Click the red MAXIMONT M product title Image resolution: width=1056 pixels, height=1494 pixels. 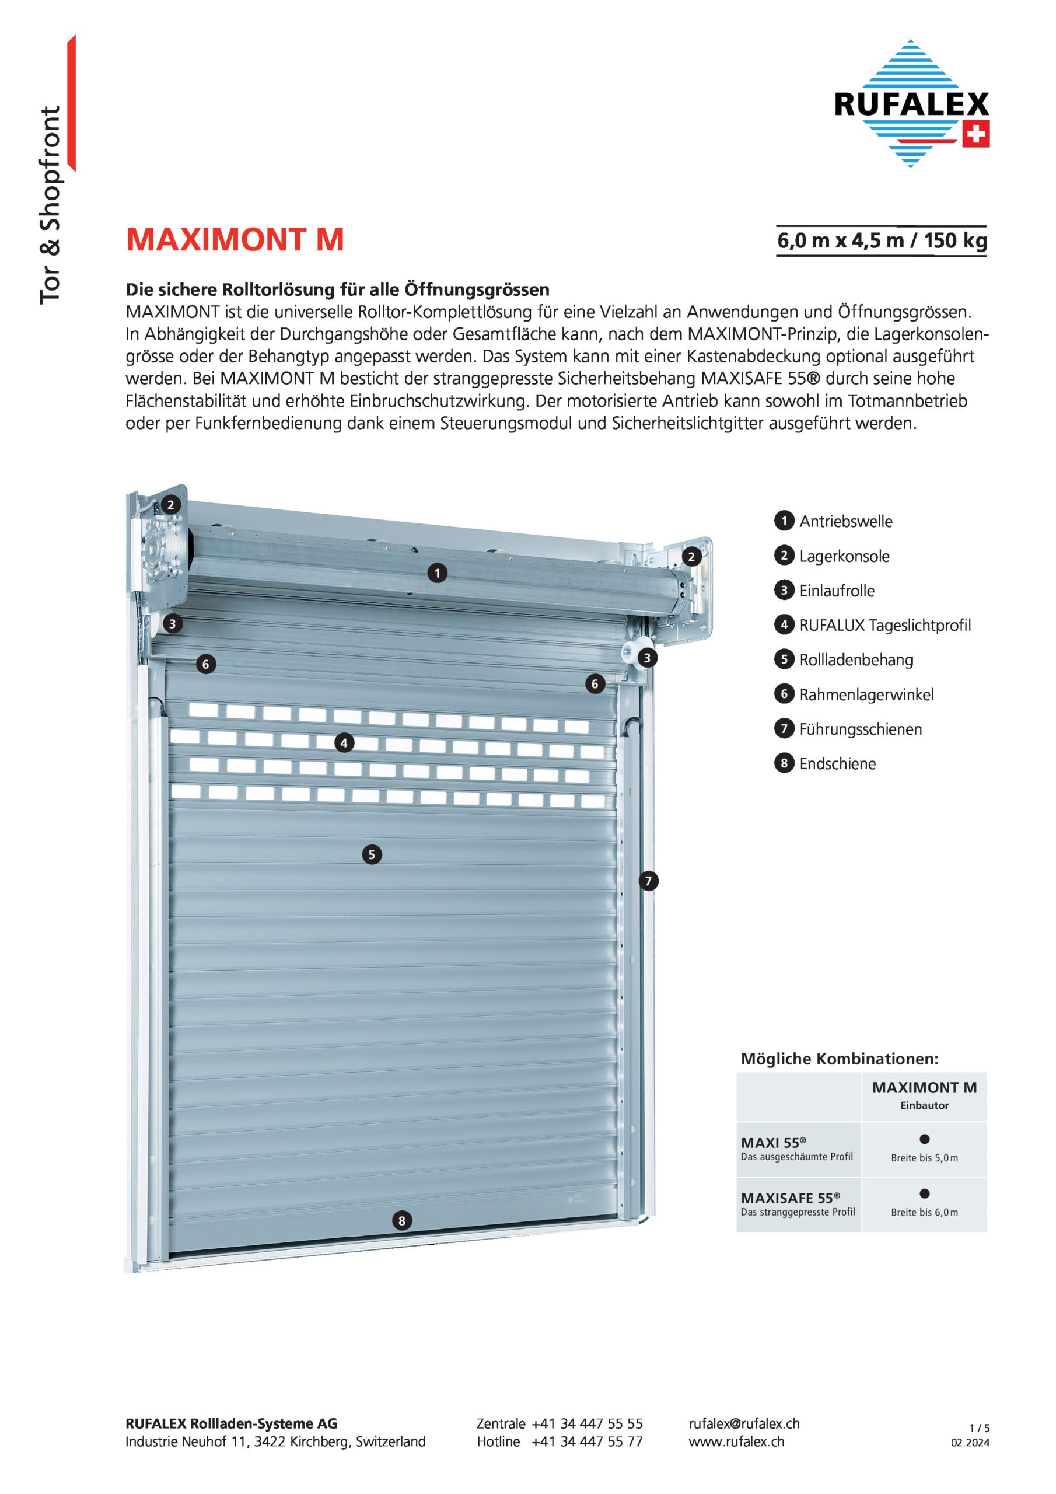(235, 240)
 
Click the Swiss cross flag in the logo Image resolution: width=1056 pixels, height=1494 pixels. (976, 134)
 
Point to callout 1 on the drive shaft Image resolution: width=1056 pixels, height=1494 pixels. (437, 573)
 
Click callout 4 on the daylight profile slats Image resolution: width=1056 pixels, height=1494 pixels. (344, 742)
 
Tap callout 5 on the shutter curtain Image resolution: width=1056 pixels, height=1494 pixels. (372, 854)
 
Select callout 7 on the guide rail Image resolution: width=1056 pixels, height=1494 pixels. (648, 881)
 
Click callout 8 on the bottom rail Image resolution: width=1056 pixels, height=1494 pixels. (401, 1221)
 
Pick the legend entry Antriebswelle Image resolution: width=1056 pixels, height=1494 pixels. (845, 521)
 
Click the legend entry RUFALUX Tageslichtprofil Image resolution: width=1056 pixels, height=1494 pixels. (884, 625)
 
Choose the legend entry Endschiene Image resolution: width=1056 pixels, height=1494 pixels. (837, 764)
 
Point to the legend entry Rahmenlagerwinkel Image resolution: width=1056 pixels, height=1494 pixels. (866, 695)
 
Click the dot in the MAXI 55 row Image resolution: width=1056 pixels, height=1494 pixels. (925, 1139)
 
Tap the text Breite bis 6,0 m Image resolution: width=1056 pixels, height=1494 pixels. (925, 1212)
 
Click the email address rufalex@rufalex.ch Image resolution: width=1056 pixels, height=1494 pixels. (744, 1424)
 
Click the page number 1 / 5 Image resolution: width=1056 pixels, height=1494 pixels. (978, 1427)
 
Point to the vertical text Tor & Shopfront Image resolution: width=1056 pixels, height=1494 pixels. (51, 205)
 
